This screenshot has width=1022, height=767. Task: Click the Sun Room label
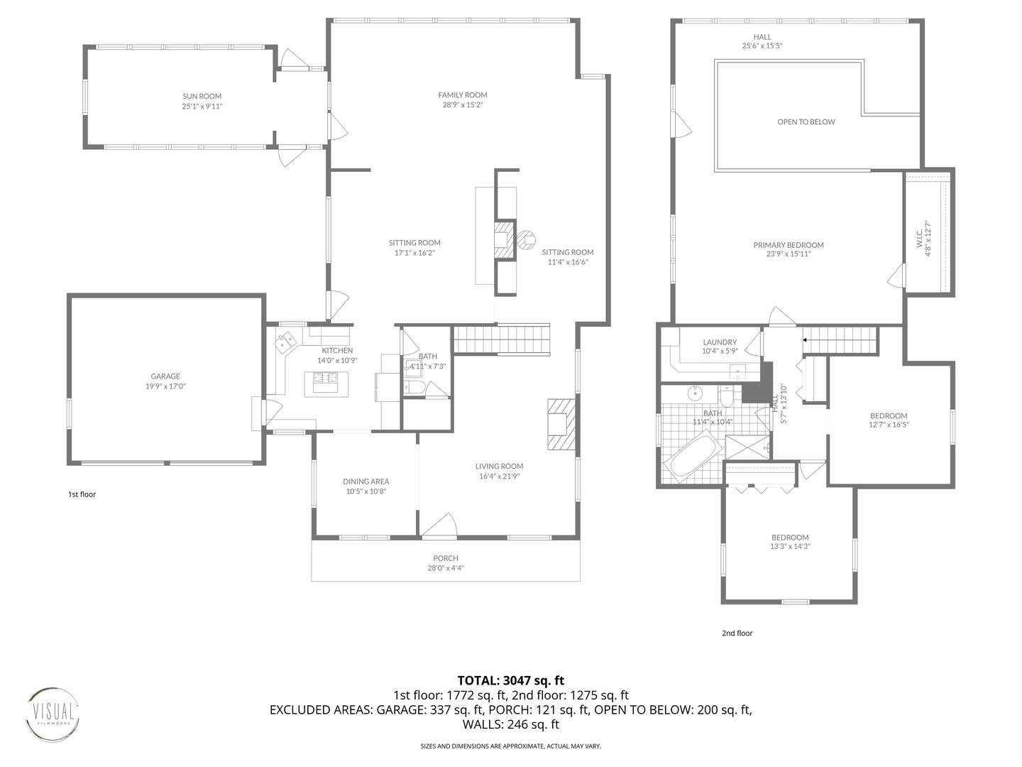pos(202,97)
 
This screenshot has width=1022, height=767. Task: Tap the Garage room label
pos(165,376)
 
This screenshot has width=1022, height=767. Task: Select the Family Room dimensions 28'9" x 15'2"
pos(463,105)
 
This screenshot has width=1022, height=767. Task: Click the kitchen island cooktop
pos(326,377)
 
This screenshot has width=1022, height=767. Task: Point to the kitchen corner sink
pos(285,342)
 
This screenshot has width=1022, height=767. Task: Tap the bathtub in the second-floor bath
pos(693,457)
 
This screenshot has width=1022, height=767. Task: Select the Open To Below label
pos(806,122)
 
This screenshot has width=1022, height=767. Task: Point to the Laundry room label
pos(720,342)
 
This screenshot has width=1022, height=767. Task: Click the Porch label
pos(446,558)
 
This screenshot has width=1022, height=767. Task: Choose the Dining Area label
pos(366,482)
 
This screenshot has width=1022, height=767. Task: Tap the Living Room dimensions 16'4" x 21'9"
pos(499,476)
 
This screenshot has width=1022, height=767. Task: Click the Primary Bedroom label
pos(789,245)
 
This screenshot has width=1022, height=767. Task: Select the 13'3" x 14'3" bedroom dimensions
pos(790,546)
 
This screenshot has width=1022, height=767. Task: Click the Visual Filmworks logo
pos(52,714)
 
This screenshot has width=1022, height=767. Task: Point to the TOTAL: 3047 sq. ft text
pos(511,681)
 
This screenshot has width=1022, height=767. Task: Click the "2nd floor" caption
pos(737,633)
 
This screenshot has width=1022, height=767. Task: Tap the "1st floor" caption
pos(82,494)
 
